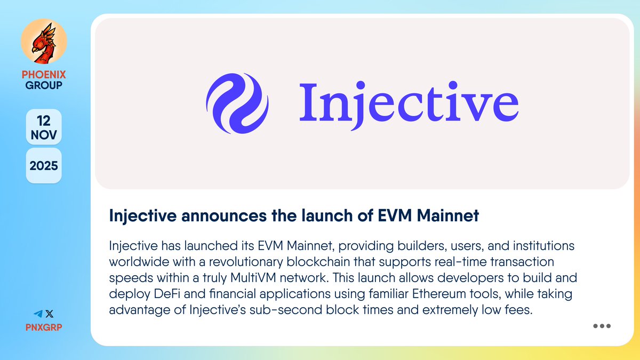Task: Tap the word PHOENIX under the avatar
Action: point(44,75)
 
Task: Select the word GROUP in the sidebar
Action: point(44,85)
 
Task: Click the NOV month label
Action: point(44,135)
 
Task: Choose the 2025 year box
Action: point(44,165)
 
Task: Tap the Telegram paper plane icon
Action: point(38,314)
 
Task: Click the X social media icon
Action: point(50,314)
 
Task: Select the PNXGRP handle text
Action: point(44,326)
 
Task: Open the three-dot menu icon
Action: point(602,326)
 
